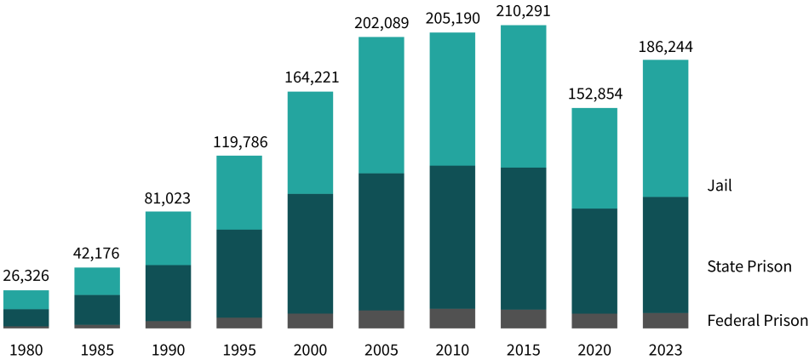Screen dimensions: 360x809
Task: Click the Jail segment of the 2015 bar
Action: coord(523,96)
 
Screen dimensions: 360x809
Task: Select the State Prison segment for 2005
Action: coord(381,242)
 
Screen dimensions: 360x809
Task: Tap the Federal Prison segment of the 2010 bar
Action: coord(452,318)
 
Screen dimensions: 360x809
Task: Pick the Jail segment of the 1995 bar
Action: coord(239,192)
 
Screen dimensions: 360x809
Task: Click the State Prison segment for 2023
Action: coord(665,254)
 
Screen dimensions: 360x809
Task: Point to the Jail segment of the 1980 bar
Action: coord(26,300)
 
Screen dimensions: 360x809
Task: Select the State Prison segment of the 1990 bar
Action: coord(168,293)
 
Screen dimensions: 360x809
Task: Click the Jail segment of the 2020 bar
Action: coord(594,158)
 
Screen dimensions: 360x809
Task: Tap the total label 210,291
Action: coord(523,13)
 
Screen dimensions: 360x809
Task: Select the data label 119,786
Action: coord(239,142)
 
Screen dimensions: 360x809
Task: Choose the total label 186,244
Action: coord(665,47)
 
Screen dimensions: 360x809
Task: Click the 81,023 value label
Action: coord(168,198)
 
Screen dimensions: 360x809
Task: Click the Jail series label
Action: coord(720,185)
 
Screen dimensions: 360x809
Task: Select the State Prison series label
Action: coord(749,266)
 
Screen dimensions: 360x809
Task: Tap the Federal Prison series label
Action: coord(757,321)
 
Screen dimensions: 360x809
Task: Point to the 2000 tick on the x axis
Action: coord(310,348)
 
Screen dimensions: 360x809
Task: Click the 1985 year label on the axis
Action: coord(97,348)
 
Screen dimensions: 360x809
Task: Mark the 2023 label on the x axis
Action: coord(665,348)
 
